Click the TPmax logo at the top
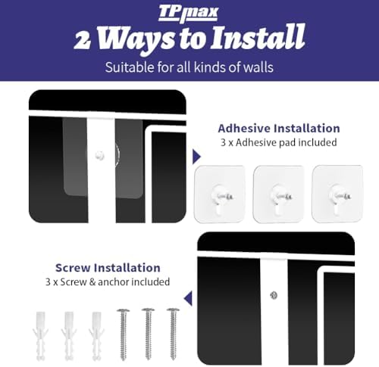point(188,14)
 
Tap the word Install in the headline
point(258,37)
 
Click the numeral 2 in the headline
point(83,40)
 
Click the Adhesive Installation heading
point(279,129)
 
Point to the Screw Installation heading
point(108,268)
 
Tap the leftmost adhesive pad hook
point(219,194)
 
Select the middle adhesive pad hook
point(279,194)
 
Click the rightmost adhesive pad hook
point(337,194)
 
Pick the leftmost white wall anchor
point(40,335)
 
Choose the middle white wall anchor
point(69,335)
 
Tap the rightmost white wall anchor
point(96,335)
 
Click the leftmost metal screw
point(123,334)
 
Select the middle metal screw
point(149,334)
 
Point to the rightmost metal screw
point(174,334)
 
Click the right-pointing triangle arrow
point(196,157)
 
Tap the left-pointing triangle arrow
point(188,298)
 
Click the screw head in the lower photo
point(274,295)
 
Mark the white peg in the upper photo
point(100,155)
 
